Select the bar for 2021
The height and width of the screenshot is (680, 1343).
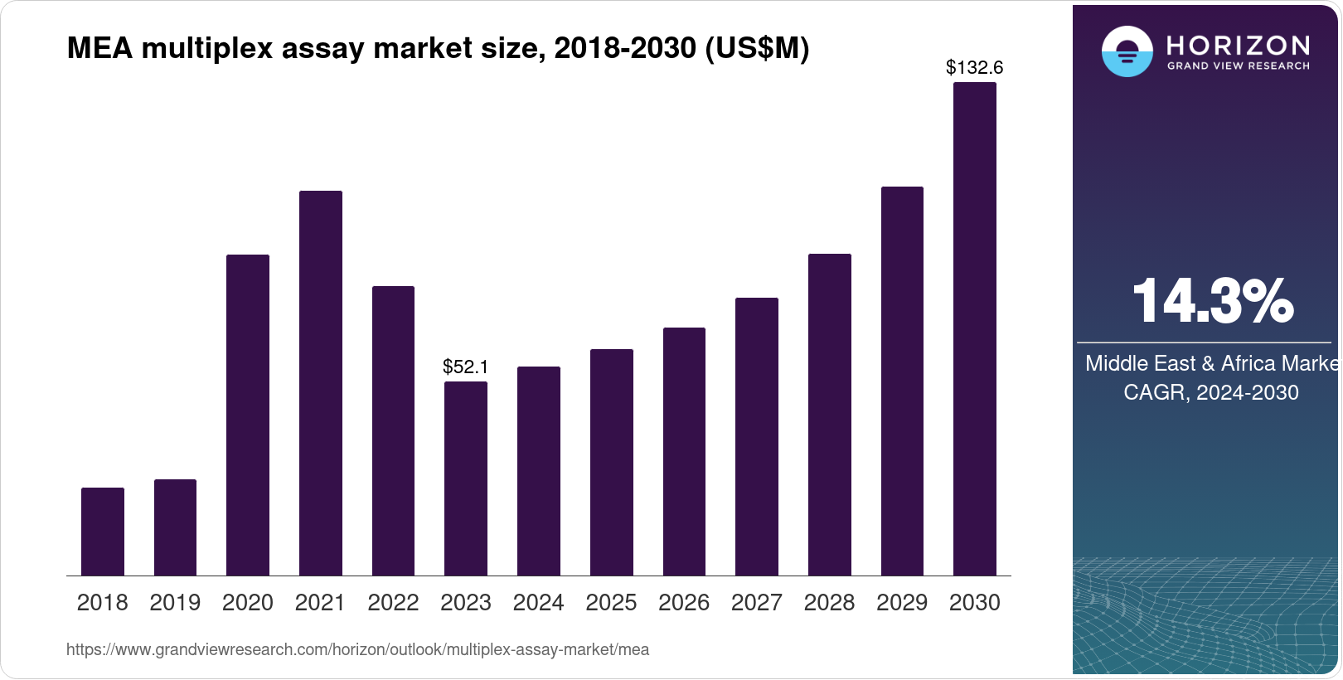(320, 383)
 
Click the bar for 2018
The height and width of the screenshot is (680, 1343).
(103, 532)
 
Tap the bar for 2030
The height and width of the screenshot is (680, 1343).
(974, 329)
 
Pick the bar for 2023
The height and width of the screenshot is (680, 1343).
(466, 478)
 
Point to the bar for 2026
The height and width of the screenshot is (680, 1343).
(684, 451)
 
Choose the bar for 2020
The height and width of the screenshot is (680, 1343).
(248, 415)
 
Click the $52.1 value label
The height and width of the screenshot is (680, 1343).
(466, 367)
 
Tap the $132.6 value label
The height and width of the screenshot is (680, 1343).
(974, 68)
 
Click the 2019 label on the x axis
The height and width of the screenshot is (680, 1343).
(175, 603)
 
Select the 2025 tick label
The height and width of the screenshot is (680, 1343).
(611, 603)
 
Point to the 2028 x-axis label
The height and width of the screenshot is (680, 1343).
(829, 603)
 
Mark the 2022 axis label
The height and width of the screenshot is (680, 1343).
(393, 603)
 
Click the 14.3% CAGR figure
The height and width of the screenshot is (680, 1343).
(1211, 301)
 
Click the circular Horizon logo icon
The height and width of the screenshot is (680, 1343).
(1127, 51)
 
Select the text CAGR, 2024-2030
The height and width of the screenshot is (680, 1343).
(1210, 392)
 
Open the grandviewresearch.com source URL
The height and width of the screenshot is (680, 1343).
(357, 649)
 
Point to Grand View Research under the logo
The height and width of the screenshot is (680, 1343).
(1238, 66)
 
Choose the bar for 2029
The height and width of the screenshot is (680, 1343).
(902, 381)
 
